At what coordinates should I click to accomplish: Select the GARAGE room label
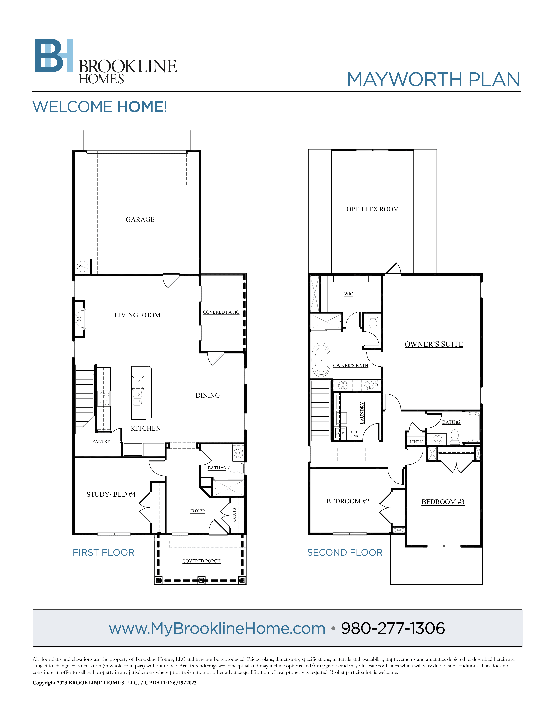pyautogui.click(x=140, y=220)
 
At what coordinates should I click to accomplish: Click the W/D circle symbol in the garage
pyautogui.click(x=82, y=266)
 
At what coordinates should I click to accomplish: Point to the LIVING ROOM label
pyautogui.click(x=137, y=315)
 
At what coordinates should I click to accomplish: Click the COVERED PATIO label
pyautogui.click(x=221, y=312)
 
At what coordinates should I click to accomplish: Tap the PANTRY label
pyautogui.click(x=101, y=441)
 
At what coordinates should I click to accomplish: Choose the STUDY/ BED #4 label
pyautogui.click(x=111, y=494)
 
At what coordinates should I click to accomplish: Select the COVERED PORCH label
pyautogui.click(x=202, y=561)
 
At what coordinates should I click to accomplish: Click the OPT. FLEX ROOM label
pyautogui.click(x=372, y=209)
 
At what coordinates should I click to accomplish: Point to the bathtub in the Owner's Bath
pyautogui.click(x=321, y=360)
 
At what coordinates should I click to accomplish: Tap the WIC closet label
pyautogui.click(x=349, y=294)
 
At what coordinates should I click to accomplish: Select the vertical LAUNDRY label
pyautogui.click(x=362, y=413)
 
